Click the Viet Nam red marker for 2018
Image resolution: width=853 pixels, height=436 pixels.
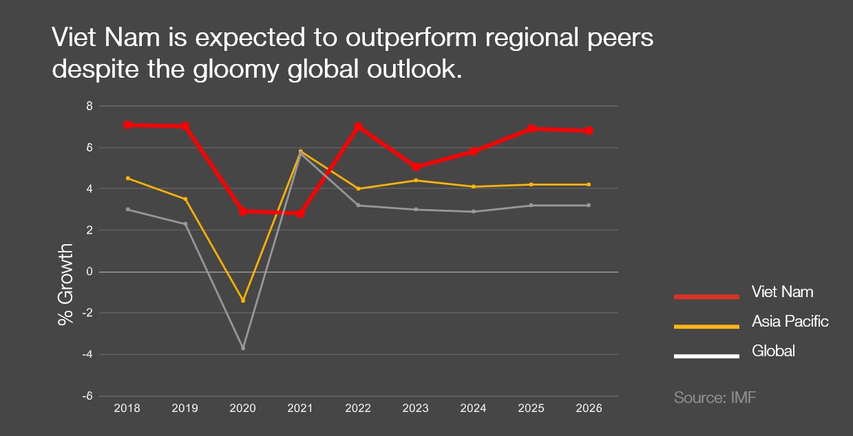(x=127, y=124)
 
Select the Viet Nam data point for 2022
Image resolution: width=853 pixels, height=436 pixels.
(x=358, y=127)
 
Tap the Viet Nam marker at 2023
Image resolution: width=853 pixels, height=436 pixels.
(x=416, y=167)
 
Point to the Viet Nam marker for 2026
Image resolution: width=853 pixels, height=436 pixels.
(x=589, y=131)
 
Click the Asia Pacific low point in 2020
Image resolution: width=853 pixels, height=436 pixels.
(x=243, y=301)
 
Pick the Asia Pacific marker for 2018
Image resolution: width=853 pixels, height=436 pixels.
(x=127, y=178)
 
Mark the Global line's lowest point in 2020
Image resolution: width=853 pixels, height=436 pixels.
(x=243, y=348)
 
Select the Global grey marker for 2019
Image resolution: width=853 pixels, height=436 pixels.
(x=185, y=224)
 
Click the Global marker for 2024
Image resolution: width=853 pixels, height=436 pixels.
(x=474, y=211)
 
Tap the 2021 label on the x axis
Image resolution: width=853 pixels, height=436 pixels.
(x=300, y=408)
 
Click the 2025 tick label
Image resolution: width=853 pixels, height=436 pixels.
(x=531, y=408)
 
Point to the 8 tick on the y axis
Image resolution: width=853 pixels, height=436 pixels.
(x=89, y=106)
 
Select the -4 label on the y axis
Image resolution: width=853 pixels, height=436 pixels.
(x=87, y=355)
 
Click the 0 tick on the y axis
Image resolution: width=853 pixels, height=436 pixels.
(x=89, y=272)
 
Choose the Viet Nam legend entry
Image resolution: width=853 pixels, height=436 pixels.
(x=782, y=292)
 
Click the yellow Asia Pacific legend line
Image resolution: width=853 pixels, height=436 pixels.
(x=706, y=326)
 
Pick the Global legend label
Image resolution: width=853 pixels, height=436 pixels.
(x=773, y=351)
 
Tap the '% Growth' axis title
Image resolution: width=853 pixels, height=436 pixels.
(x=65, y=283)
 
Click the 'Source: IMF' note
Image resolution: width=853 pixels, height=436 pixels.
(x=715, y=397)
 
